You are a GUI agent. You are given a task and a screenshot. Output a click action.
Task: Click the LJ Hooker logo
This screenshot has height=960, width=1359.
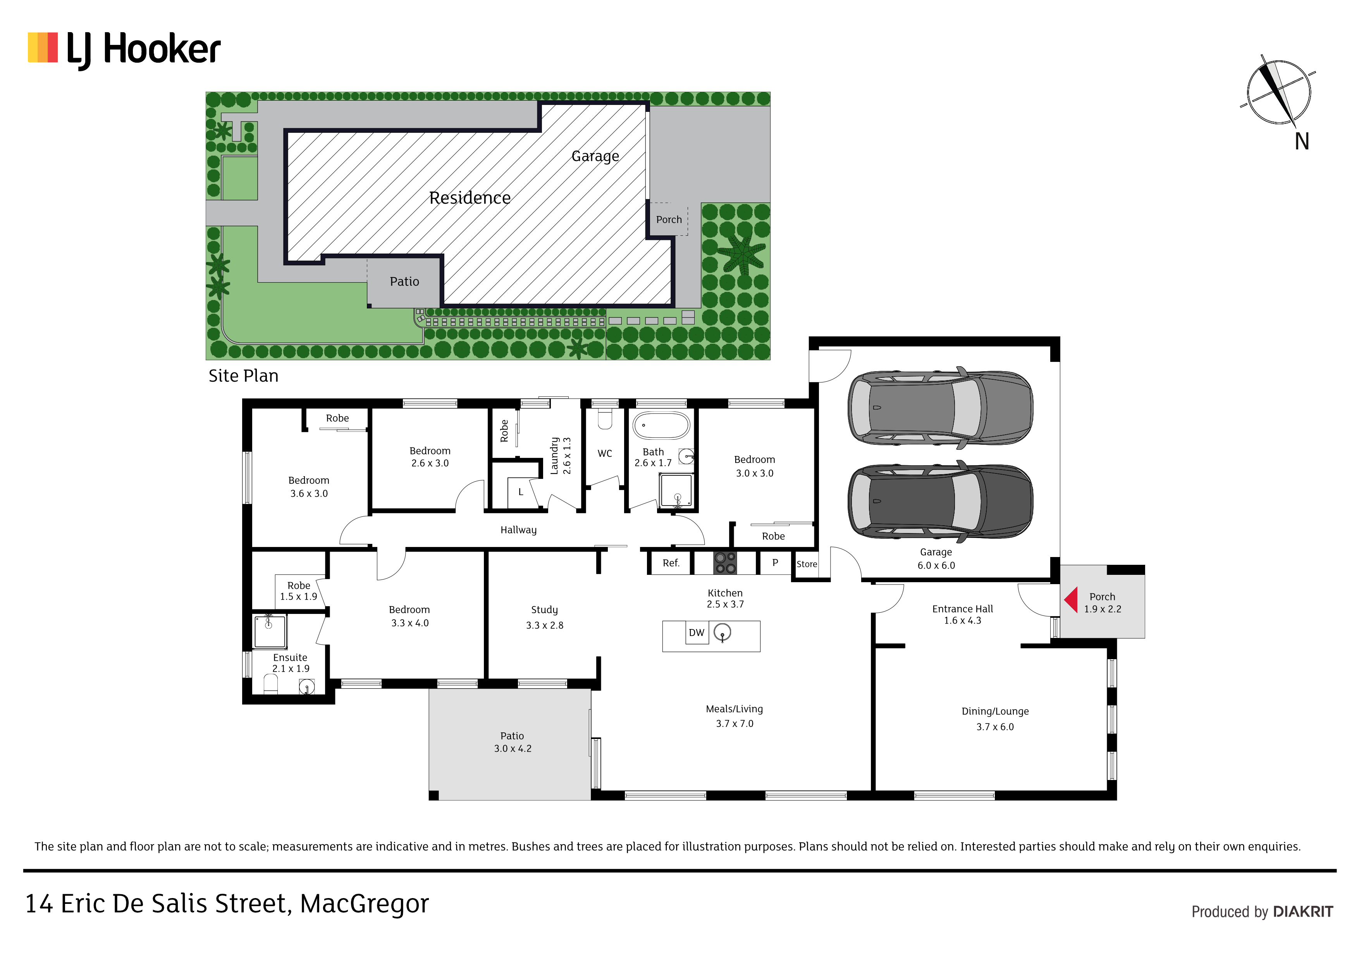tap(124, 50)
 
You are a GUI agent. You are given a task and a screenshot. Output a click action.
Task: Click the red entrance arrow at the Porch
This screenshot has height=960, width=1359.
tap(1071, 599)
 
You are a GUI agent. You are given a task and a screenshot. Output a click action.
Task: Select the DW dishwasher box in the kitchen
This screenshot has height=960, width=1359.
tap(697, 632)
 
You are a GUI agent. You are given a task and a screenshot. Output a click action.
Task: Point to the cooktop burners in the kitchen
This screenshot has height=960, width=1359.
tap(725, 562)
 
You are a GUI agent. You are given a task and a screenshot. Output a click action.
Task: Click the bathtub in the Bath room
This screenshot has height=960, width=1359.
tap(661, 425)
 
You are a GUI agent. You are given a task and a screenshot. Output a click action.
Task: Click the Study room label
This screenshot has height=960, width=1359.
tap(545, 609)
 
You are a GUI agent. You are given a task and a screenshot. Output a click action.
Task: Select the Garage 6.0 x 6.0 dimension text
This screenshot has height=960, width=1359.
tap(936, 566)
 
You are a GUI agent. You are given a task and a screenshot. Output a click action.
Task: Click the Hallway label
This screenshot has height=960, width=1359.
tap(518, 530)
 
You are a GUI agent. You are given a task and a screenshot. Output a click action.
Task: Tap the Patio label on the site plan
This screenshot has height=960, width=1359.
tap(404, 281)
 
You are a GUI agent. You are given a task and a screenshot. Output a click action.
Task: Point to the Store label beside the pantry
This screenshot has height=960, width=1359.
tap(807, 564)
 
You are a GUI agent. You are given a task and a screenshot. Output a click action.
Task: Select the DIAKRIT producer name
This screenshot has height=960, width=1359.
tap(1303, 912)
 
